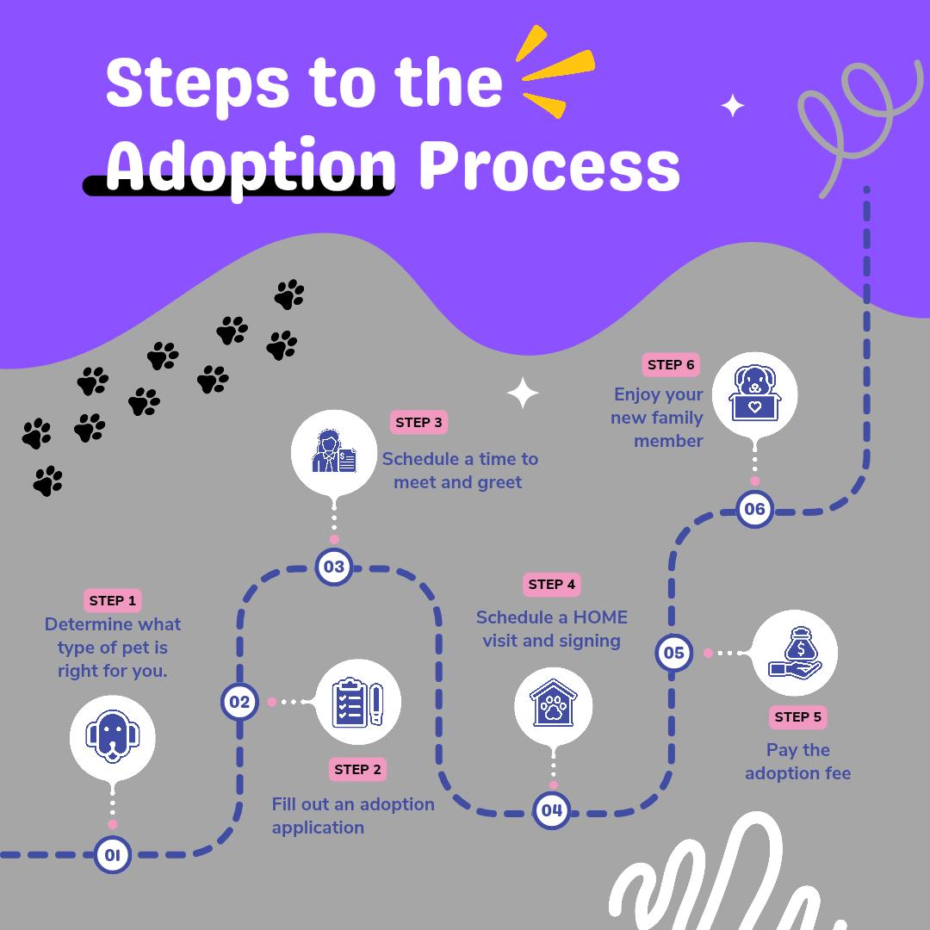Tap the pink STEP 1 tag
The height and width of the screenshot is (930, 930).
tap(113, 600)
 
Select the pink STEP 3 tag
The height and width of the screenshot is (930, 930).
tap(418, 422)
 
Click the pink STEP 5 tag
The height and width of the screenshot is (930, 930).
tap(797, 716)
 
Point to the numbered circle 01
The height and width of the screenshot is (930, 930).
tap(112, 854)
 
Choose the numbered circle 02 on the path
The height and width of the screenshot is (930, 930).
tap(239, 702)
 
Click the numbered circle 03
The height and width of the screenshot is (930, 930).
tap(333, 567)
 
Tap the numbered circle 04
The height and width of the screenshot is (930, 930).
tap(552, 810)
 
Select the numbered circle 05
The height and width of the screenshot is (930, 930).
tap(673, 653)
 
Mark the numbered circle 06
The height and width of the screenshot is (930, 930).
tap(754, 509)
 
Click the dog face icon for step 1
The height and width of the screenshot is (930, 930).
tap(112, 737)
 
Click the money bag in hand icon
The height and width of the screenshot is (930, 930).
tap(794, 653)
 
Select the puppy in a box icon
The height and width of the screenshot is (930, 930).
tap(754, 394)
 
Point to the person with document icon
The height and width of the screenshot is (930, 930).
tap(334, 451)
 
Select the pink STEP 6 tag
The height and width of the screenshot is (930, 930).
tap(671, 364)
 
